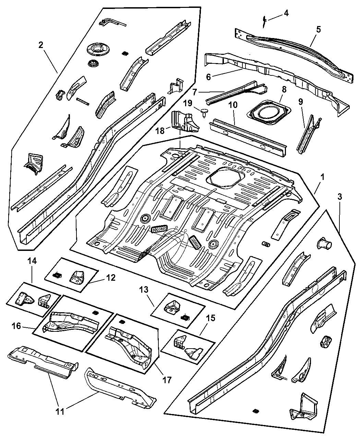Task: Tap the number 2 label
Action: [41, 45]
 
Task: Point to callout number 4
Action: [286, 13]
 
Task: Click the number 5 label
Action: [319, 29]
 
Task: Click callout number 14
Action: [32, 270]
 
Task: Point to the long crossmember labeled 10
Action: [247, 136]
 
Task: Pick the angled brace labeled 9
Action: [308, 132]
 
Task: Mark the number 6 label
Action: [208, 77]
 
